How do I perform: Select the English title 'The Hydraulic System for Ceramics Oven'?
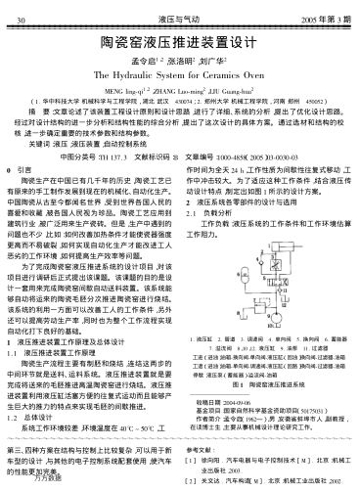pyautogui.click(x=179, y=72)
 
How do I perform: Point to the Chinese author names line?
pyautogui.click(x=179, y=58)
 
